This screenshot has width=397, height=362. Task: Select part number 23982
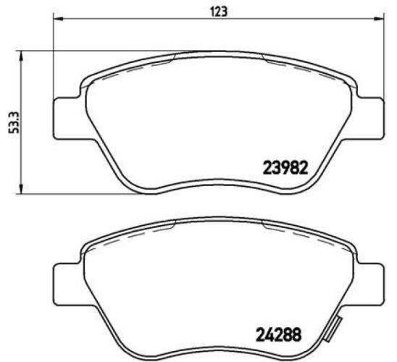point(285,168)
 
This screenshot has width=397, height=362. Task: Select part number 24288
point(279,335)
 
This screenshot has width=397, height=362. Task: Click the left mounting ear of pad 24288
point(67,282)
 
